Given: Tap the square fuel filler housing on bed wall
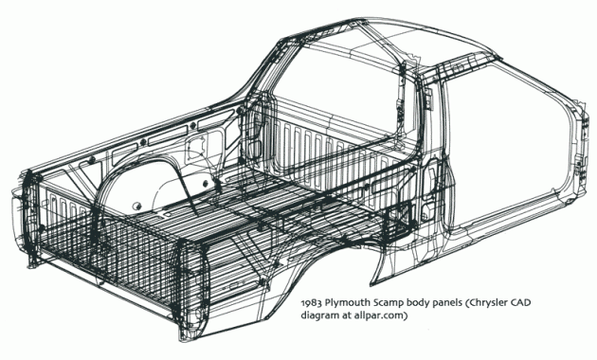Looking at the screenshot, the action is tap(195, 147).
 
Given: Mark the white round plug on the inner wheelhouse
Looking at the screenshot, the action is tap(136, 207).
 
